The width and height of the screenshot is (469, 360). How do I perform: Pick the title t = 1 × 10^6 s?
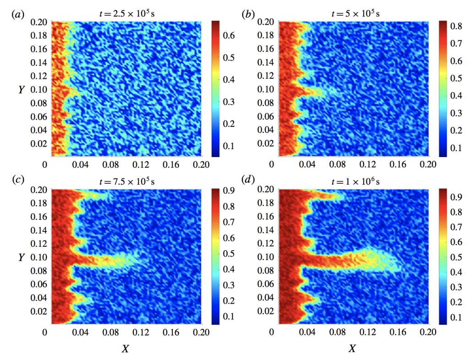(353, 180)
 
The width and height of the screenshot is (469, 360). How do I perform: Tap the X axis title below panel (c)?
(125, 349)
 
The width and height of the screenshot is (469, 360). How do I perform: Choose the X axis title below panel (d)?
(352, 349)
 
